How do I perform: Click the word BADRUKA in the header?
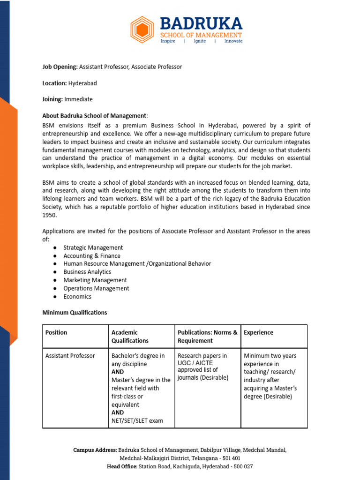pyautogui.click(x=201, y=23)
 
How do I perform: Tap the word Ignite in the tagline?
pyautogui.click(x=200, y=41)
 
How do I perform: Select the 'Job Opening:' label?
pyautogui.click(x=60, y=67)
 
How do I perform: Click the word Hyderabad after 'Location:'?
pyautogui.click(x=82, y=83)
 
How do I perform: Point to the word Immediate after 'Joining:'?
pyautogui.click(x=78, y=99)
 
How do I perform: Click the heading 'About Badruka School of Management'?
pyautogui.click(x=94, y=116)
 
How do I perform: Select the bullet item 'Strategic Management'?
pyautogui.click(x=93, y=247)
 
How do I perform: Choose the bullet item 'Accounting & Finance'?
pyautogui.click(x=92, y=256)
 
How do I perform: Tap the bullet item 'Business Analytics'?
pyautogui.click(x=87, y=272)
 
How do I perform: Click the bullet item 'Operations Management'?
pyautogui.click(x=96, y=288)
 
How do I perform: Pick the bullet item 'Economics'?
pyautogui.click(x=77, y=297)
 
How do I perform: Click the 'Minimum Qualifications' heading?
pyautogui.click(x=75, y=313)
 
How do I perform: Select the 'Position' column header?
pyautogui.click(x=56, y=332)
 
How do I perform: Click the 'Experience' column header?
pyautogui.click(x=258, y=332)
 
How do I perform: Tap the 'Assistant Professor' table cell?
pyautogui.click(x=70, y=356)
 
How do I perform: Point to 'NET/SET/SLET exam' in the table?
pyautogui.click(x=137, y=421)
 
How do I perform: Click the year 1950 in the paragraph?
pyautogui.click(x=49, y=215)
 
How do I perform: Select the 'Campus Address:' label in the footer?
pyautogui.click(x=95, y=450)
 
